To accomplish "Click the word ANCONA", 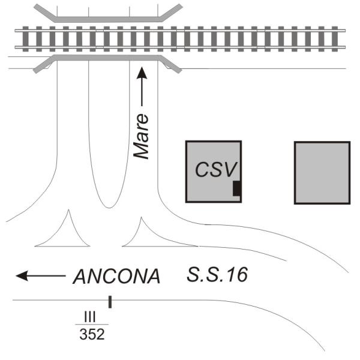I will click(x=116, y=277).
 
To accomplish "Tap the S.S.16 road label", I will click(x=217, y=275).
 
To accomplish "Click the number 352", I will click(x=92, y=334).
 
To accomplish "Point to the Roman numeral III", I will click(x=91, y=314).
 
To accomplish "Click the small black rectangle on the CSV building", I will click(x=237, y=188).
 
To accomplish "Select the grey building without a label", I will click(x=322, y=172).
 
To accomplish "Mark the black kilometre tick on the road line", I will click(x=110, y=302).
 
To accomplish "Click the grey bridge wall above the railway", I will click(x=108, y=19).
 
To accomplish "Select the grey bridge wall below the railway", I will click(x=108, y=58).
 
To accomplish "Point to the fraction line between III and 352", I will click(x=92, y=324).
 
